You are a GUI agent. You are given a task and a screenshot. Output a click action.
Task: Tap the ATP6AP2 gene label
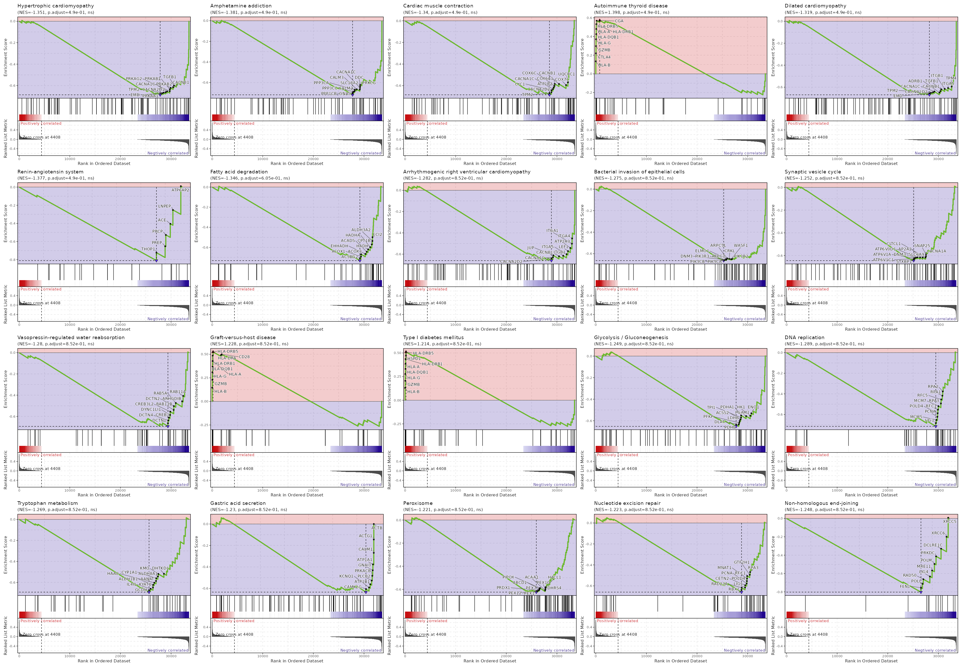coord(180,190)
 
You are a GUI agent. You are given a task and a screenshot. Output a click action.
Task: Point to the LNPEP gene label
coord(165,206)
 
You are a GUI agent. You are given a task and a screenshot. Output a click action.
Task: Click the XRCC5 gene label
coord(949,522)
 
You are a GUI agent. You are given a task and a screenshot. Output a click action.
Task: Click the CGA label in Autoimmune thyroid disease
coord(619,21)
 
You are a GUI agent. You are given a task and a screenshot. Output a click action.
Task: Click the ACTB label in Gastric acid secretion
coord(377,528)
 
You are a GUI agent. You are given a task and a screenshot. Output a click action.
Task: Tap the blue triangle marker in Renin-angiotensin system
coord(156,261)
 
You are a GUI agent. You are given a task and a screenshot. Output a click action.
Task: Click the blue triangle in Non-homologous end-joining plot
coord(921,592)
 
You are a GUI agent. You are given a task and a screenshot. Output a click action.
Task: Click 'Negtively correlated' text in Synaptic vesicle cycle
coord(935,319)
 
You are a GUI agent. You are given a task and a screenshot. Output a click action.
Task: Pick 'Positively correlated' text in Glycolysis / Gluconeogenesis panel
coord(617,455)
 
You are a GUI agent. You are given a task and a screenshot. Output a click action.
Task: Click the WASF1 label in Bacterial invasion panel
coord(741,245)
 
